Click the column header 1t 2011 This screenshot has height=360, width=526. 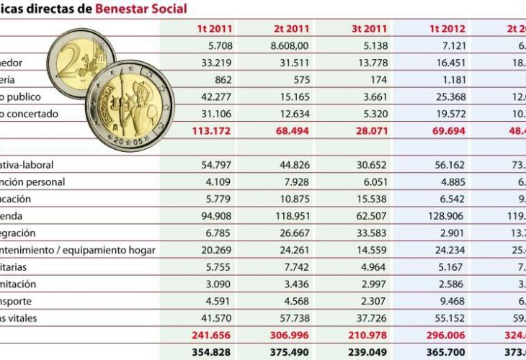point(214,30)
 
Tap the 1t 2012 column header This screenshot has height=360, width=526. point(448,30)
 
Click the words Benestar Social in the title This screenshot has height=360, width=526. point(141,9)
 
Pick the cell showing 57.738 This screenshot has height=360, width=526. point(290,318)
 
